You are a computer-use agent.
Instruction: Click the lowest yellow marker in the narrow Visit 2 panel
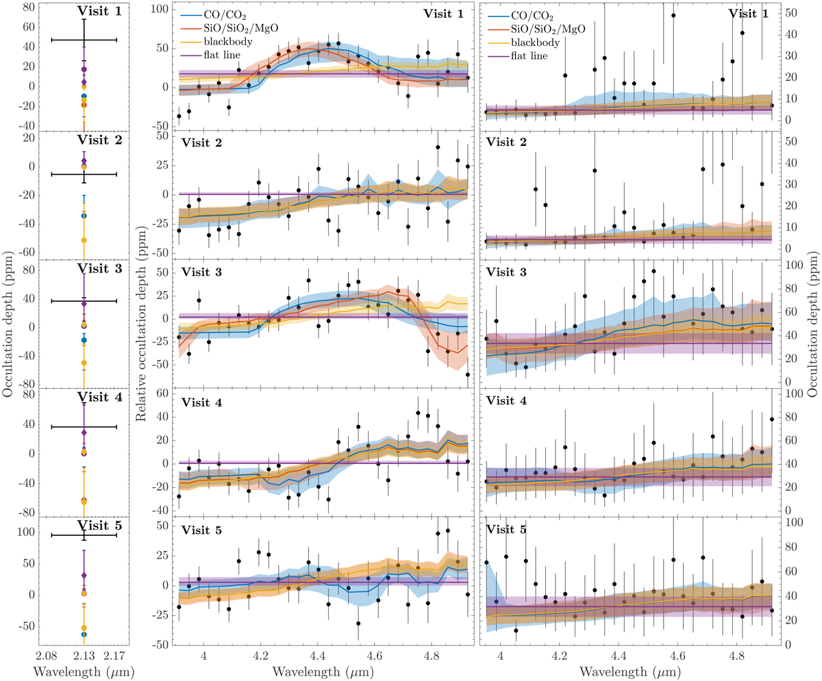tap(84, 240)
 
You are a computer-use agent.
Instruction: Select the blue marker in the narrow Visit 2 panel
tap(84, 216)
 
